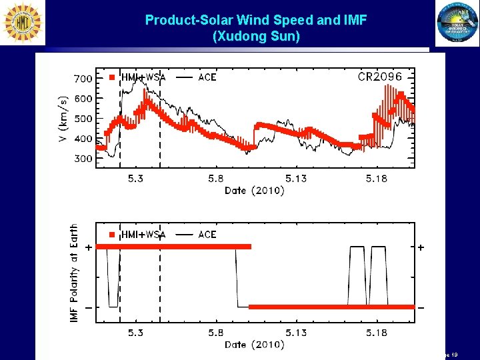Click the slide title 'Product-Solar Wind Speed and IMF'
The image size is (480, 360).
(x=256, y=21)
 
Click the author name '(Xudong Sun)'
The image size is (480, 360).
(x=256, y=37)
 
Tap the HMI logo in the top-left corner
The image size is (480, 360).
(x=23, y=23)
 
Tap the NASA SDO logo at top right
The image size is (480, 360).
(x=457, y=24)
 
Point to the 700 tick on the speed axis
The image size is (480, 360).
(x=83, y=79)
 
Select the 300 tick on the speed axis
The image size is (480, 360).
(x=83, y=159)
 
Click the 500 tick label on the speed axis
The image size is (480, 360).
(x=83, y=119)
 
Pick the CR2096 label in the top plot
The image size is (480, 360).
(x=380, y=77)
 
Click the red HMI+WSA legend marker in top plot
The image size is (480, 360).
(x=112, y=77)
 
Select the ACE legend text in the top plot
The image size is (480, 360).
(x=207, y=77)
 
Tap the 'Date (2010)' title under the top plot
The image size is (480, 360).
(x=255, y=191)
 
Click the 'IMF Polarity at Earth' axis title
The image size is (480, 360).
(x=74, y=275)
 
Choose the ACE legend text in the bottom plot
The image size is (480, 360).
(x=207, y=235)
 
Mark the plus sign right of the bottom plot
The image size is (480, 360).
(x=420, y=247)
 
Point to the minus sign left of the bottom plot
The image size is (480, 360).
(x=88, y=307)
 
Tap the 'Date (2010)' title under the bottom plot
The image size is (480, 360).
(x=255, y=345)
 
